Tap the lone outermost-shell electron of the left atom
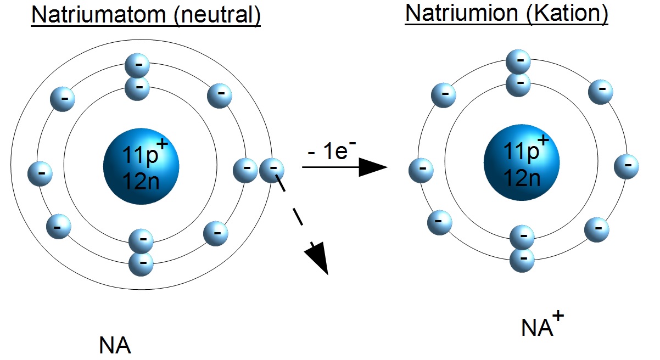pyautogui.click(x=272, y=170)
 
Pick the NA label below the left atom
pyautogui.click(x=115, y=346)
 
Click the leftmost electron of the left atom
pyautogui.click(x=41, y=173)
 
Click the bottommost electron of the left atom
pyautogui.click(x=141, y=263)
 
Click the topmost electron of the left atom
pyautogui.click(x=137, y=65)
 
